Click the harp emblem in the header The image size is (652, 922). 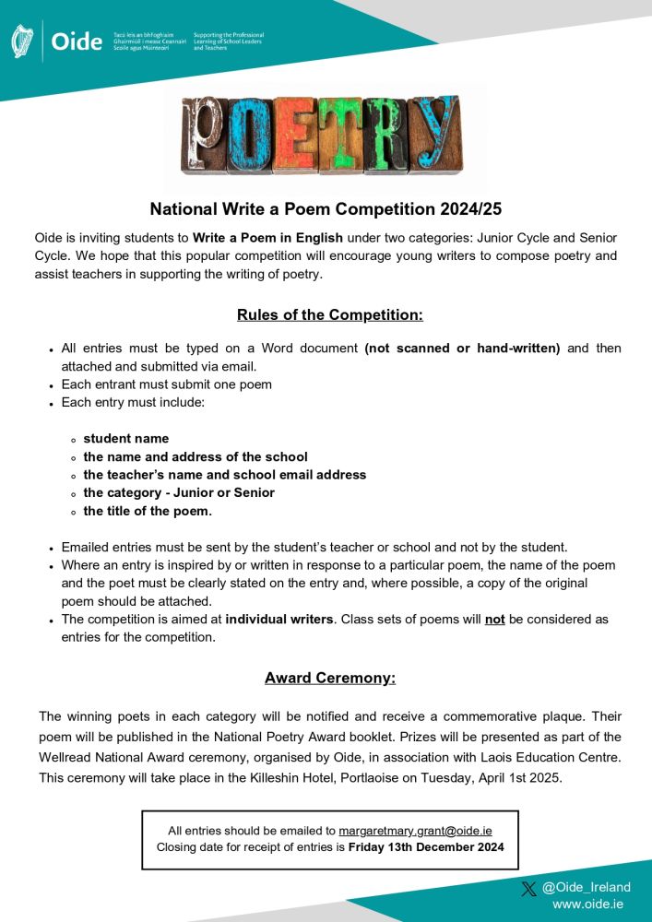pos(21,42)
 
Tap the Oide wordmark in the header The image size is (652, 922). pos(77,42)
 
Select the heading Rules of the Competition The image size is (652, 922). pos(329,314)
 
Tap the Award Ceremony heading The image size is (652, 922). pos(329,678)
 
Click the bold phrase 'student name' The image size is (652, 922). pos(126,438)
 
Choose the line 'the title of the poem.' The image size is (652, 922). pos(148,511)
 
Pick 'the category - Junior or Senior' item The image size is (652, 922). pos(179,492)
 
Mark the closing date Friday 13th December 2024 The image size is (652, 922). pos(426,847)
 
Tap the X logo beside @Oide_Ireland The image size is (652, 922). pos(528,888)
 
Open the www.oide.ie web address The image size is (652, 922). pos(591,904)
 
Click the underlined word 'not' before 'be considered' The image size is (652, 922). pos(494,620)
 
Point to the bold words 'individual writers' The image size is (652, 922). pos(280,620)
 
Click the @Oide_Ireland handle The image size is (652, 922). pos(587,887)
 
